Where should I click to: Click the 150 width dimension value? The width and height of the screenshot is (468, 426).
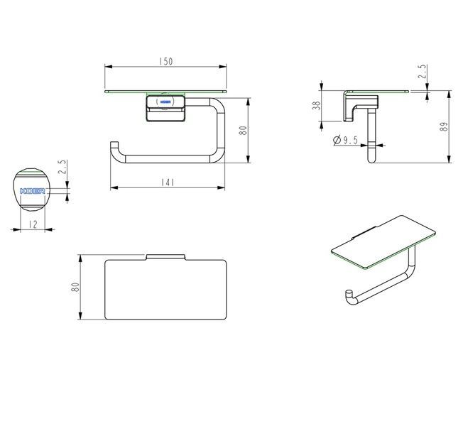pyautogui.click(x=165, y=62)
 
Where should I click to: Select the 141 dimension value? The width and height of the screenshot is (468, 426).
pyautogui.click(x=168, y=182)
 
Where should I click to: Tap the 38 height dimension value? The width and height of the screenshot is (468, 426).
pyautogui.click(x=316, y=106)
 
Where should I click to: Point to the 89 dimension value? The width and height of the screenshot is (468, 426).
pyautogui.click(x=444, y=126)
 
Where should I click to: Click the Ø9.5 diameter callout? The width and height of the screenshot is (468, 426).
pyautogui.click(x=345, y=140)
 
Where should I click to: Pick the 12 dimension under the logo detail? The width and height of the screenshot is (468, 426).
pyautogui.click(x=33, y=224)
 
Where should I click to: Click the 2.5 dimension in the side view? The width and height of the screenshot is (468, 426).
pyautogui.click(x=422, y=72)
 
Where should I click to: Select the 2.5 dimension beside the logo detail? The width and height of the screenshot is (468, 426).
pyautogui.click(x=62, y=167)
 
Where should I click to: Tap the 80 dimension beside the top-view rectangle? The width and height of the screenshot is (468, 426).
pyautogui.click(x=75, y=287)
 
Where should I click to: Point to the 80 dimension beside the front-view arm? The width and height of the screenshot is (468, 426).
pyautogui.click(x=244, y=131)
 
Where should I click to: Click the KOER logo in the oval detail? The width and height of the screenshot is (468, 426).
pyautogui.click(x=32, y=191)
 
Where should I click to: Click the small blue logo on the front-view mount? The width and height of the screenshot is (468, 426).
pyautogui.click(x=165, y=102)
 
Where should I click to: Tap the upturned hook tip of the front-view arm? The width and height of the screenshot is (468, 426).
pyautogui.click(x=114, y=145)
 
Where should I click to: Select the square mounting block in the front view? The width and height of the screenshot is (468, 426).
pyautogui.click(x=165, y=108)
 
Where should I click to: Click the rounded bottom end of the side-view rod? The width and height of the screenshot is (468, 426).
pyautogui.click(x=371, y=159)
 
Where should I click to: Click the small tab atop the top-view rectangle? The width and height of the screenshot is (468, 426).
pyautogui.click(x=165, y=257)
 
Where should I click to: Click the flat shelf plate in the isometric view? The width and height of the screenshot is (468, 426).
pyautogui.click(x=383, y=242)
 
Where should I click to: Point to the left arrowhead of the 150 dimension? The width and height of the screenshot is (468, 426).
pyautogui.click(x=108, y=67)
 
